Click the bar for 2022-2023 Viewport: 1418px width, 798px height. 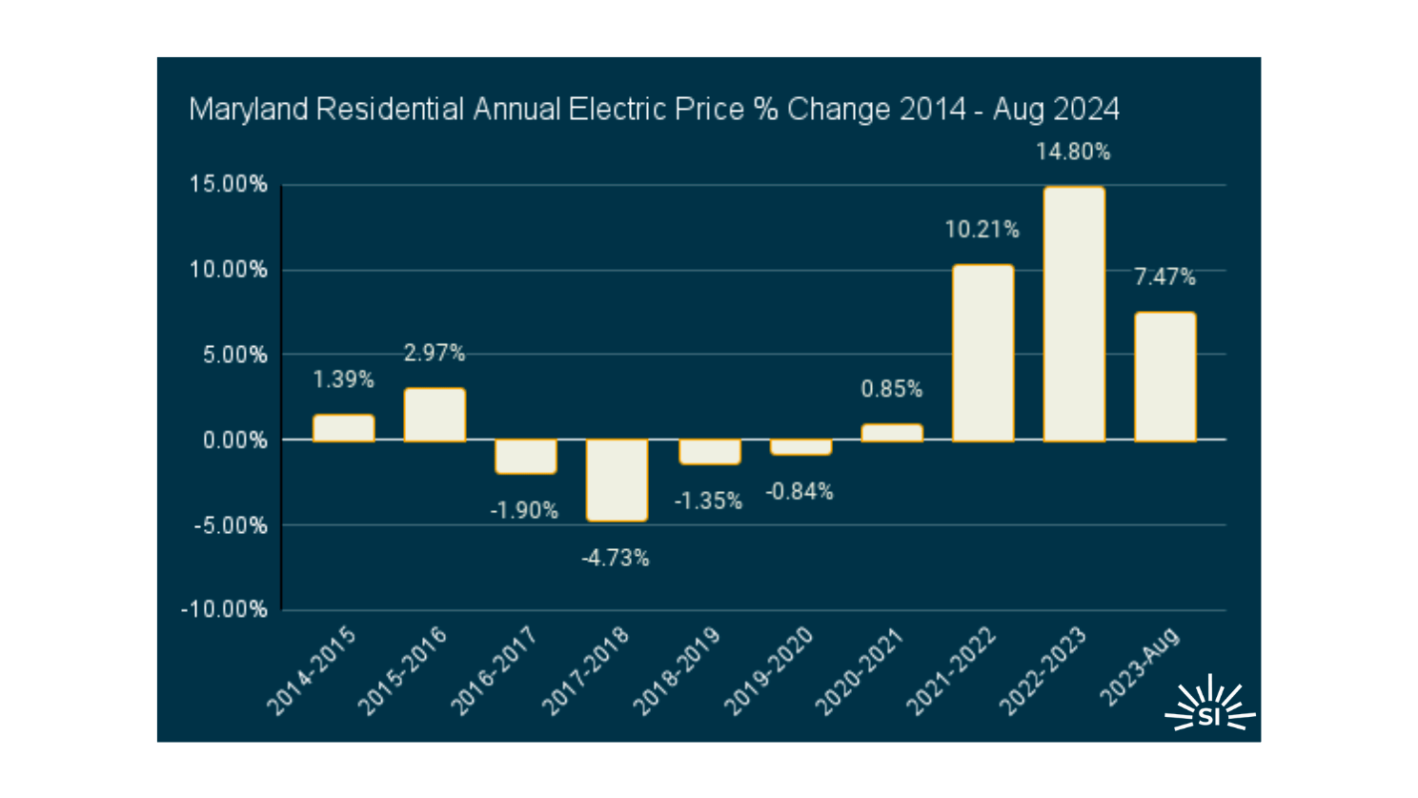tap(1074, 314)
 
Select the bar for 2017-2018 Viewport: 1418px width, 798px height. tap(617, 481)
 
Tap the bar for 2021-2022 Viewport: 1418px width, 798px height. tap(982, 353)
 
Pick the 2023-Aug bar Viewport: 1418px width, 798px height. tap(1165, 377)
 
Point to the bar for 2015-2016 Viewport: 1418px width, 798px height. tap(435, 415)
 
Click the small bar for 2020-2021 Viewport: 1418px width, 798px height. tap(892, 433)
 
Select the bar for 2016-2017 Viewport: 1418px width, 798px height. tap(526, 457)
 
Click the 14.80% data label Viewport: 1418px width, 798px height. tap(1073, 152)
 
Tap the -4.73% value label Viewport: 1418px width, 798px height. tap(616, 559)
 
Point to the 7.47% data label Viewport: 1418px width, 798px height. tap(1165, 277)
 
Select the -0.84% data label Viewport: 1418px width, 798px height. tap(800, 492)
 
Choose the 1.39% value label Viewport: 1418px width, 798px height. tap(343, 379)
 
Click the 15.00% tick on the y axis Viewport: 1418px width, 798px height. tap(229, 185)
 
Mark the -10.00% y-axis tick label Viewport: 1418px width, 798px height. tap(225, 610)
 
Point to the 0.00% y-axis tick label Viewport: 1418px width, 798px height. tap(234, 440)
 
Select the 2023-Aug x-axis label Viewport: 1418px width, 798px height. tap(1140, 667)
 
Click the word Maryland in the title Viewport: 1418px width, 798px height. tap(248, 110)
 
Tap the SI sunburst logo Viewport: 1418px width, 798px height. tap(1209, 706)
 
